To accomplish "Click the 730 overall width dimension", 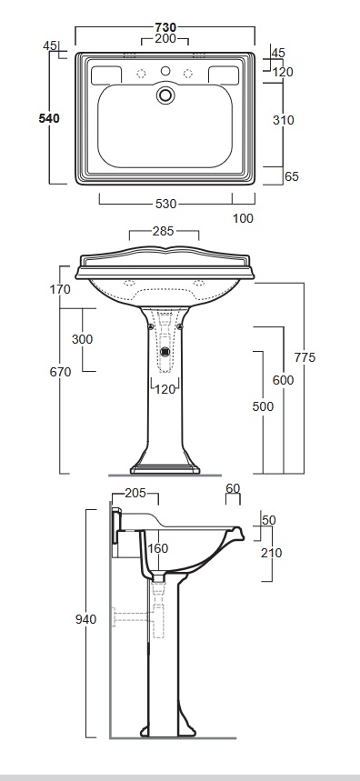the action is click(165, 27).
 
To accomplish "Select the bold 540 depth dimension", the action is click(49, 118).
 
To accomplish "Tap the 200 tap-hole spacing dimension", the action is click(165, 38).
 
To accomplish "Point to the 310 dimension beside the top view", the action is click(284, 120).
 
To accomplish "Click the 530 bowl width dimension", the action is click(165, 204).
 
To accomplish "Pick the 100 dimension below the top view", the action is click(243, 218).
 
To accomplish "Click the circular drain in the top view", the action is click(165, 95).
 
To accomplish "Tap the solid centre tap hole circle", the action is click(165, 71).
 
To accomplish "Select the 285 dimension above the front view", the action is click(164, 231).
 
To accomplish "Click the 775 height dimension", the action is click(305, 357).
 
